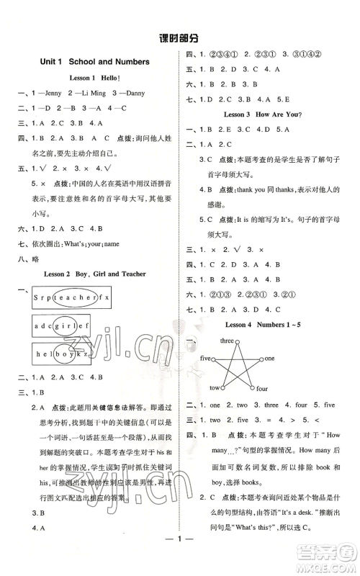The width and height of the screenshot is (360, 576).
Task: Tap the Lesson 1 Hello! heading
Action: pyautogui.click(x=93, y=78)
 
